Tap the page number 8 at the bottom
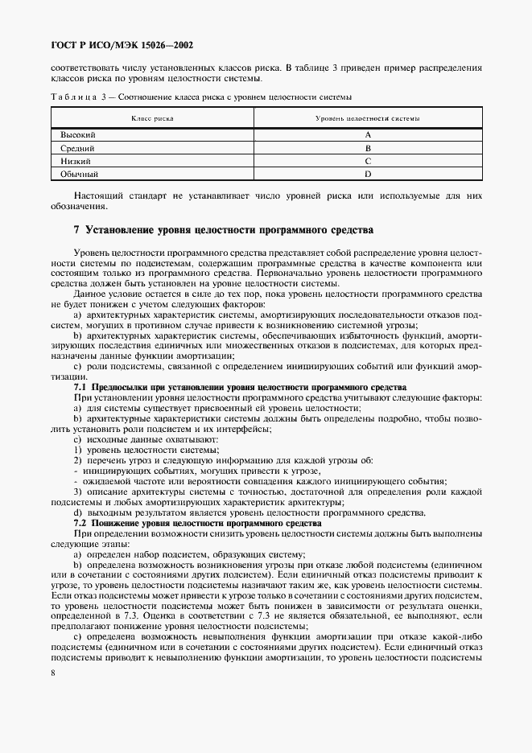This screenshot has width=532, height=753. click(52, 673)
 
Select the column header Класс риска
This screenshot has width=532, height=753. click(152, 118)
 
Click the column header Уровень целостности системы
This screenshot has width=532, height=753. click(367, 118)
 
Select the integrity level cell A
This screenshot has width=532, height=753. click(367, 136)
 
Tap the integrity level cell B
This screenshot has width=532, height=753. click(367, 149)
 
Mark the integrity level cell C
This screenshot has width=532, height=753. click(367, 162)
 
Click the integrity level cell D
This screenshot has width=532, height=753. click(367, 174)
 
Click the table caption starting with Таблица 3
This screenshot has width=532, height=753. click(200, 97)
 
